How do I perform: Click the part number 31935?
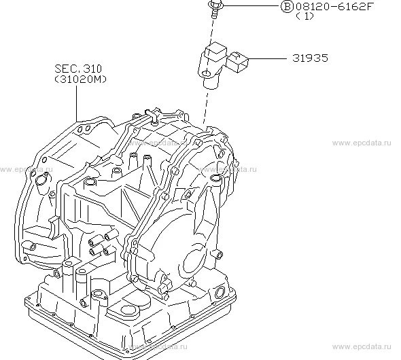click(310, 58)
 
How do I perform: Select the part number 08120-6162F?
click(333, 6)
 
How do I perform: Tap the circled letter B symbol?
click(287, 6)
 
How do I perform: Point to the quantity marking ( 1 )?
click(305, 16)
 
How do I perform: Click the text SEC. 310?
click(78, 69)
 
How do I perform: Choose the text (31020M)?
click(80, 79)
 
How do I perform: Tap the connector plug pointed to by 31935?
click(238, 62)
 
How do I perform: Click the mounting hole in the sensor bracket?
click(206, 74)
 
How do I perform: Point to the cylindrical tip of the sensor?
click(211, 82)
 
